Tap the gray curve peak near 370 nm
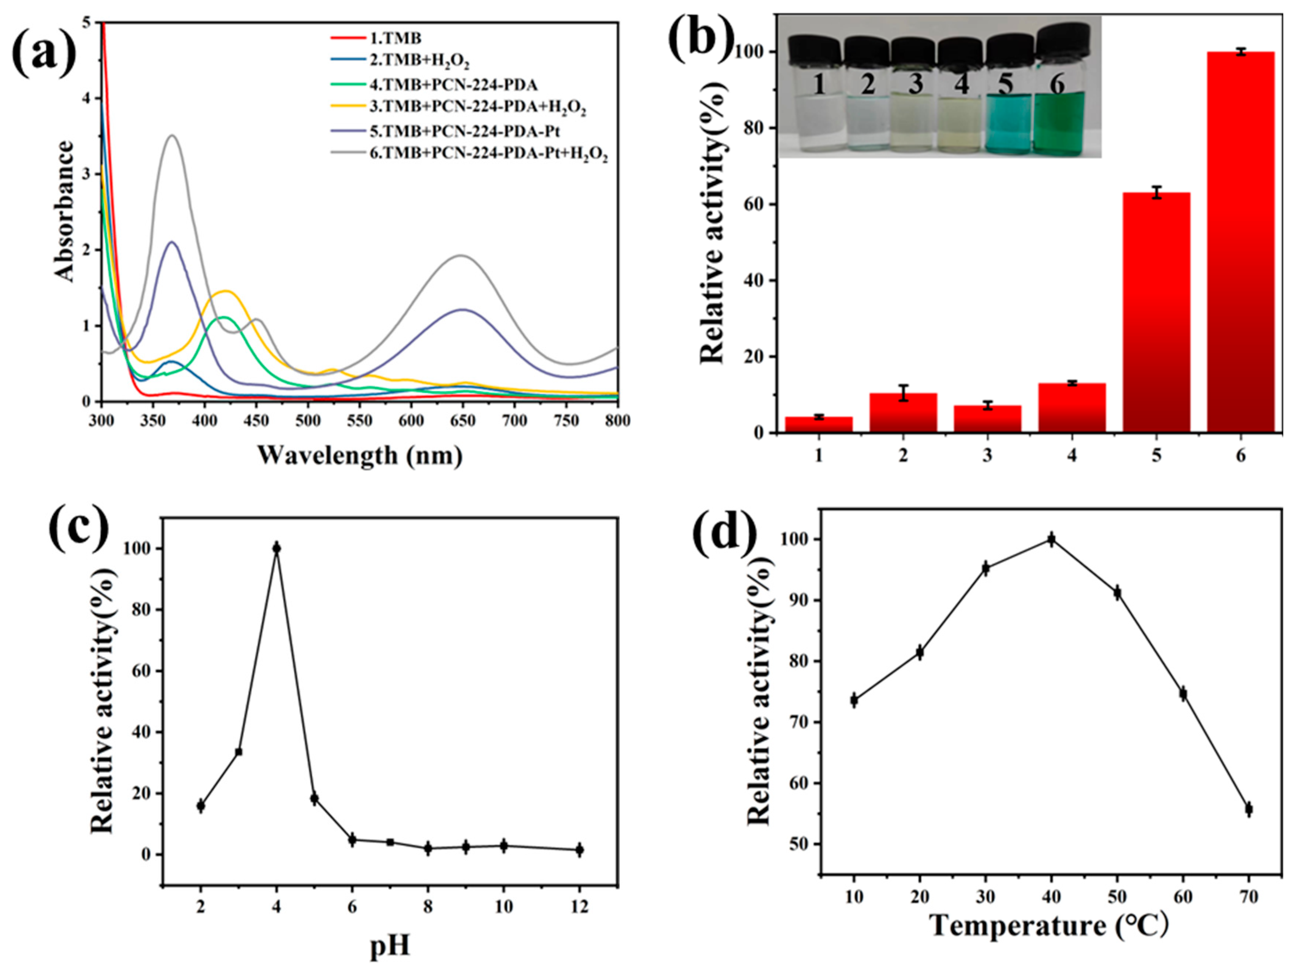(x=172, y=136)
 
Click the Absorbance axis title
(x=64, y=211)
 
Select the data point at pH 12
(x=579, y=849)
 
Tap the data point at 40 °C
(x=1051, y=539)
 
